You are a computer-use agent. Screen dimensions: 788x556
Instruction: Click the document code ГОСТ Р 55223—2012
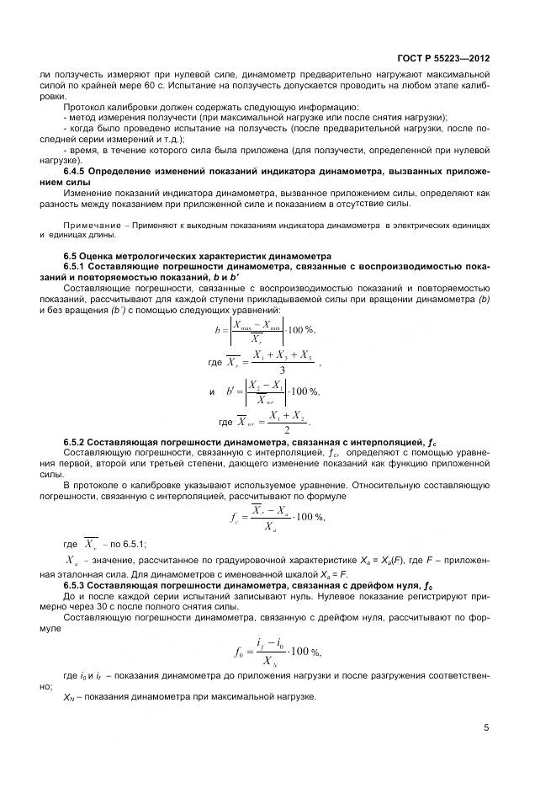click(442, 59)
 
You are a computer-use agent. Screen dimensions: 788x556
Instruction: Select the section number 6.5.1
click(77, 265)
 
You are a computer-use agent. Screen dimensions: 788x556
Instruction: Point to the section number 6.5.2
click(77, 441)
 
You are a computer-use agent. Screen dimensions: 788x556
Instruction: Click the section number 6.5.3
click(77, 584)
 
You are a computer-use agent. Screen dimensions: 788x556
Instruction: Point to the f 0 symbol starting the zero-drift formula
click(236, 650)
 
